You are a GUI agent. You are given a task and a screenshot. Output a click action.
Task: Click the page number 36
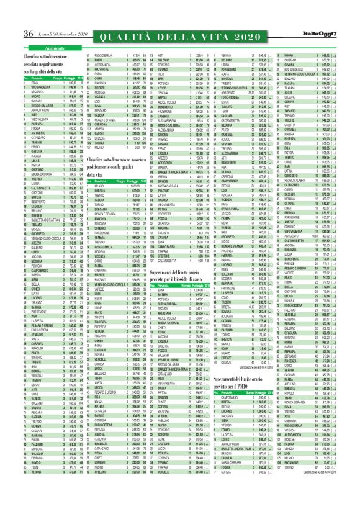[x=11, y=17]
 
